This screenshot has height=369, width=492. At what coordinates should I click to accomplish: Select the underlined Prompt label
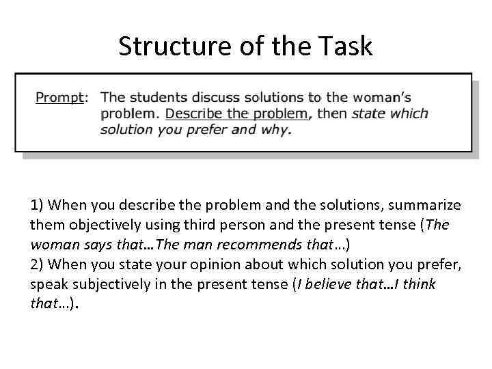point(58,98)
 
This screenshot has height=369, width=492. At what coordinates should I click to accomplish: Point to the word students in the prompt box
point(159,98)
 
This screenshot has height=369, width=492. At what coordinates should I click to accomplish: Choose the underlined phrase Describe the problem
point(236,113)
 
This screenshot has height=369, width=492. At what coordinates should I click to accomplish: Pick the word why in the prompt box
point(276,129)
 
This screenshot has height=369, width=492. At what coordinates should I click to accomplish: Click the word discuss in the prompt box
point(218,98)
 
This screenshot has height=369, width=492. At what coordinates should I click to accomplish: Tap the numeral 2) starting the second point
point(37,264)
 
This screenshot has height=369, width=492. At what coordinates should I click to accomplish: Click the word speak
point(47,284)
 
